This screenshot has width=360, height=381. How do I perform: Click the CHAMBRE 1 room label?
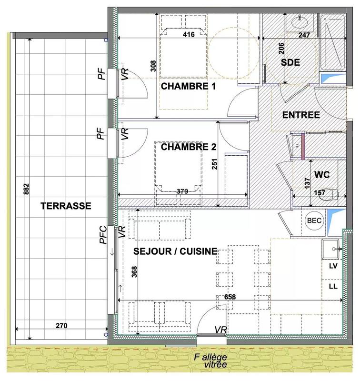(189, 87)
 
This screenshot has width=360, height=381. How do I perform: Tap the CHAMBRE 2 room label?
(189, 147)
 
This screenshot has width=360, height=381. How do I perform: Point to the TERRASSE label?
(66, 206)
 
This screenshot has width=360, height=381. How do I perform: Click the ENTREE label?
(301, 115)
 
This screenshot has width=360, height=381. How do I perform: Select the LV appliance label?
(333, 267)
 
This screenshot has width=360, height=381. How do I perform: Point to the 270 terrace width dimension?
(61, 326)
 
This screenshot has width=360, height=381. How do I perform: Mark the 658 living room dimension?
(230, 297)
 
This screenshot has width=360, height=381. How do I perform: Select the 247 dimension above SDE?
(304, 35)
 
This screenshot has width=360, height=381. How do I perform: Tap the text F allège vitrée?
(208, 361)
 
